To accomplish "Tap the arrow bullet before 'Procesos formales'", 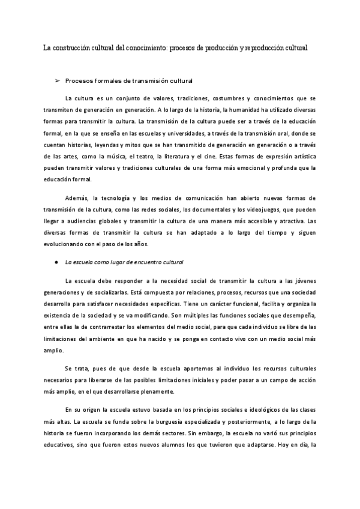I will pyautogui.click(x=58, y=80).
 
